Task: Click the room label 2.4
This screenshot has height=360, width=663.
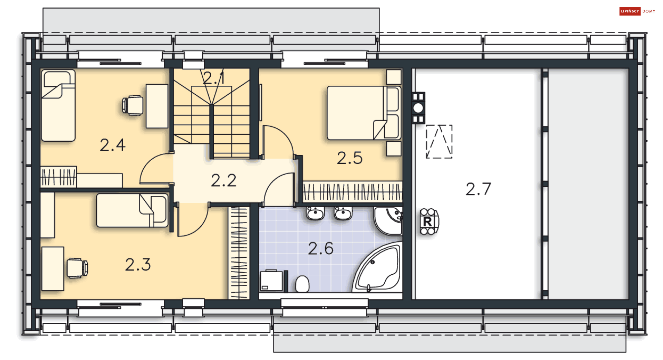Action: (x=113, y=145)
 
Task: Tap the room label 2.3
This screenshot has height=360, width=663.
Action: (x=138, y=265)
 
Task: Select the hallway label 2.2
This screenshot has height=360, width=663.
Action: (x=224, y=180)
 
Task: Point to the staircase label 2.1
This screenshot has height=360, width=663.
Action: (x=213, y=78)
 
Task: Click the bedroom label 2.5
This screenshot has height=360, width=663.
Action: (x=349, y=158)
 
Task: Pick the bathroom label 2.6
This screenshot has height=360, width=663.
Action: (x=320, y=248)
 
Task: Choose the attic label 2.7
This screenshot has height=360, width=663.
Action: (x=478, y=189)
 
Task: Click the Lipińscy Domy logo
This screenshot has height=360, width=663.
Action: (x=637, y=11)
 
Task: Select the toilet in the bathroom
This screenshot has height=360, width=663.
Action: (x=302, y=284)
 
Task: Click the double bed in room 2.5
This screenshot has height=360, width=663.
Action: (x=363, y=113)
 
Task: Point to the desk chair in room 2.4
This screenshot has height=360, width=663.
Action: (x=133, y=105)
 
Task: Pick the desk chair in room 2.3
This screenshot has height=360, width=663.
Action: (x=77, y=268)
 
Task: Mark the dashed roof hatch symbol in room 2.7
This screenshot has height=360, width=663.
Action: (x=439, y=142)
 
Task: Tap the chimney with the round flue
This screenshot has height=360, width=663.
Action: (x=418, y=108)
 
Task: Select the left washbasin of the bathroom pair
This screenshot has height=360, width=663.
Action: (x=315, y=214)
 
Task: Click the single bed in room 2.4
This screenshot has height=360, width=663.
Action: (x=58, y=105)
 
